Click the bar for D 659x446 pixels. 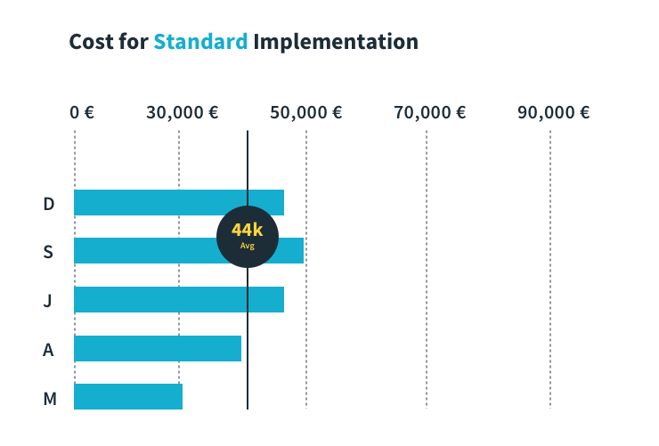(x=178, y=203)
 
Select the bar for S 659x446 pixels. (x=142, y=251)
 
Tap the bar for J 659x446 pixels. (x=178, y=300)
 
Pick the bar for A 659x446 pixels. (x=157, y=348)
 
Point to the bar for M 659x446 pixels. (x=127, y=396)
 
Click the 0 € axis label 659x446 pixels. (x=82, y=113)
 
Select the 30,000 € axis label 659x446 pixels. (x=183, y=113)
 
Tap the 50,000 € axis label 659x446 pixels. (x=306, y=113)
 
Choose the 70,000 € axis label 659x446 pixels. (x=430, y=113)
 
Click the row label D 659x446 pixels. (x=49, y=204)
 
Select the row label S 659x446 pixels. (x=48, y=252)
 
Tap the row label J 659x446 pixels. (x=48, y=301)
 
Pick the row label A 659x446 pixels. (x=48, y=350)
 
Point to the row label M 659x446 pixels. (x=49, y=398)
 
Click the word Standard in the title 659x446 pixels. (x=200, y=42)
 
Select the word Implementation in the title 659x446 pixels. (x=336, y=42)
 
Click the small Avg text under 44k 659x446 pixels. (x=248, y=246)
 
